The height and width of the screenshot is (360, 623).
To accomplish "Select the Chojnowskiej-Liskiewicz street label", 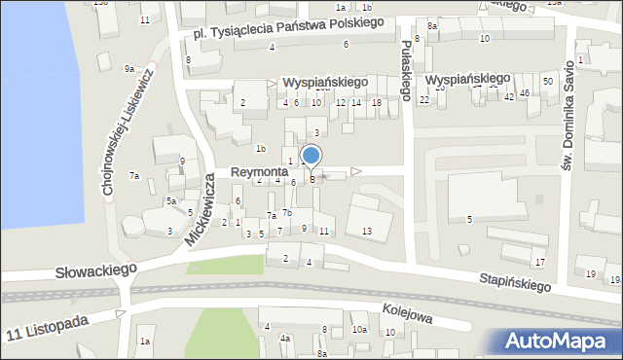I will pyautogui.click(x=128, y=131).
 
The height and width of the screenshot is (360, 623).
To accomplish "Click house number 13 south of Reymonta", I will pyautogui.click(x=366, y=231).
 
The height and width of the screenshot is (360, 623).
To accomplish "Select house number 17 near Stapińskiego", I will pyautogui.click(x=539, y=263).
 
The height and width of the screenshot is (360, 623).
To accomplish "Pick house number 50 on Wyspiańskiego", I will pyautogui.click(x=548, y=81).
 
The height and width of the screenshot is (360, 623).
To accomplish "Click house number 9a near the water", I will pyautogui.click(x=128, y=69).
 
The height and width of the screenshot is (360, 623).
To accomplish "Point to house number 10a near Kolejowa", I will pyautogui.click(x=359, y=330).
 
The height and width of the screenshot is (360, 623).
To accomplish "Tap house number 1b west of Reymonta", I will pyautogui.click(x=260, y=149).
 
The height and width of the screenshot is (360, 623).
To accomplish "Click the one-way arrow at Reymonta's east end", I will pyautogui.click(x=356, y=171).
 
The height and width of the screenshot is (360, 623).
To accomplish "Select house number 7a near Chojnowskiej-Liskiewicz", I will pyautogui.click(x=136, y=176).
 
